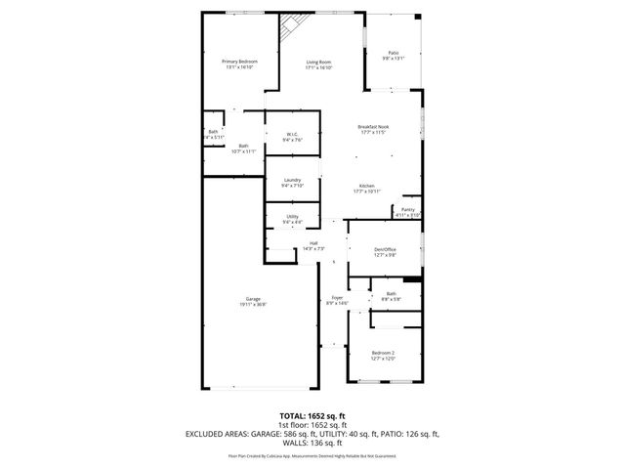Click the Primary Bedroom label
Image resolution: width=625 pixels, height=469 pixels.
(x=239, y=64)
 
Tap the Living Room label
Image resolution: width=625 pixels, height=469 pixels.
(x=319, y=64)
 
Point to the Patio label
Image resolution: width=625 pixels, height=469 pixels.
(x=393, y=56)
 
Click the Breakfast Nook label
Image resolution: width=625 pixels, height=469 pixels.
(x=374, y=130)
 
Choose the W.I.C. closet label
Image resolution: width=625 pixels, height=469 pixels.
(x=291, y=138)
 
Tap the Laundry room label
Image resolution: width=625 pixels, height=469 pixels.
(x=291, y=183)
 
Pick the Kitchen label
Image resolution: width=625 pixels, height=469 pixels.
(x=367, y=188)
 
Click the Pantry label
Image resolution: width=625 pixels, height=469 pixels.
(x=407, y=212)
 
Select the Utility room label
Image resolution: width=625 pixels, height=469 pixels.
(x=291, y=219)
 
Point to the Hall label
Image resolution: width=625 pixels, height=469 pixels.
(x=313, y=246)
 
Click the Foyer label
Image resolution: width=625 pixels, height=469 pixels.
(x=337, y=301)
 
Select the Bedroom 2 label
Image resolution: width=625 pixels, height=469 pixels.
(x=383, y=355)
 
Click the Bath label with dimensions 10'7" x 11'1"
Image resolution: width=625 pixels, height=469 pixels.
(x=243, y=149)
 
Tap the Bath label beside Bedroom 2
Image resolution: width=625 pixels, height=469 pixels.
(x=390, y=296)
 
